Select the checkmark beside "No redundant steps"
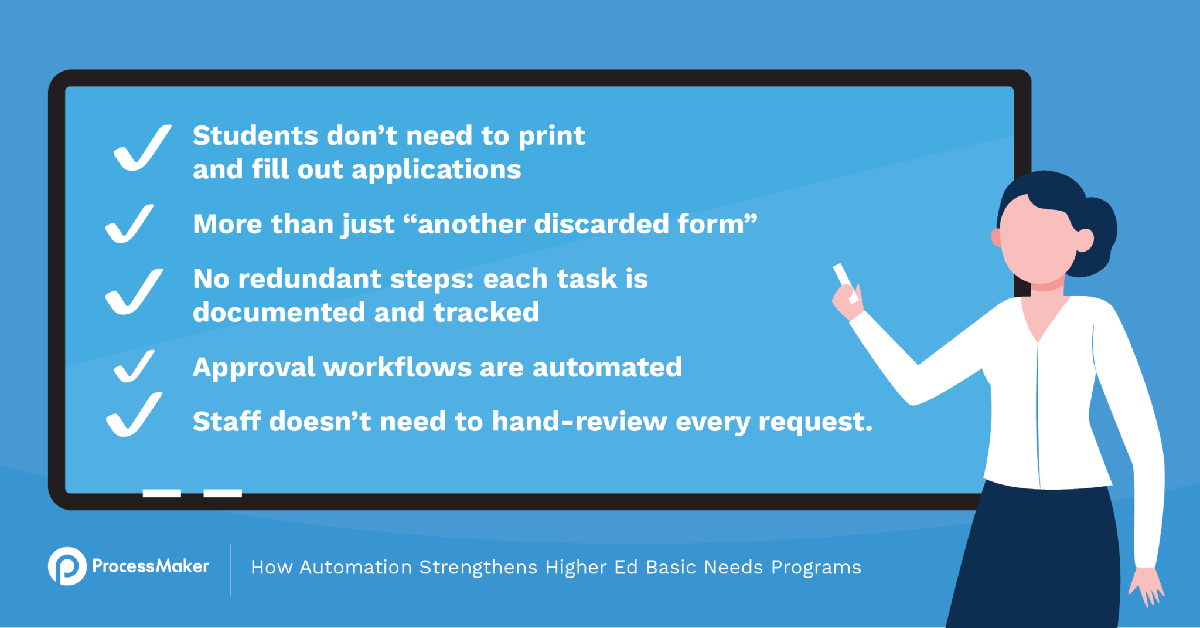[134, 293]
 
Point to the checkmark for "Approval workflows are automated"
[134, 367]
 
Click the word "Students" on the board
[255, 136]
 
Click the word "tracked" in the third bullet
[486, 313]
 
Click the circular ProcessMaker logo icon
[67, 566]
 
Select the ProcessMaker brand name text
[151, 566]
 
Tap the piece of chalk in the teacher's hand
[844, 281]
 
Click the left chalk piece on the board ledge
[162, 493]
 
